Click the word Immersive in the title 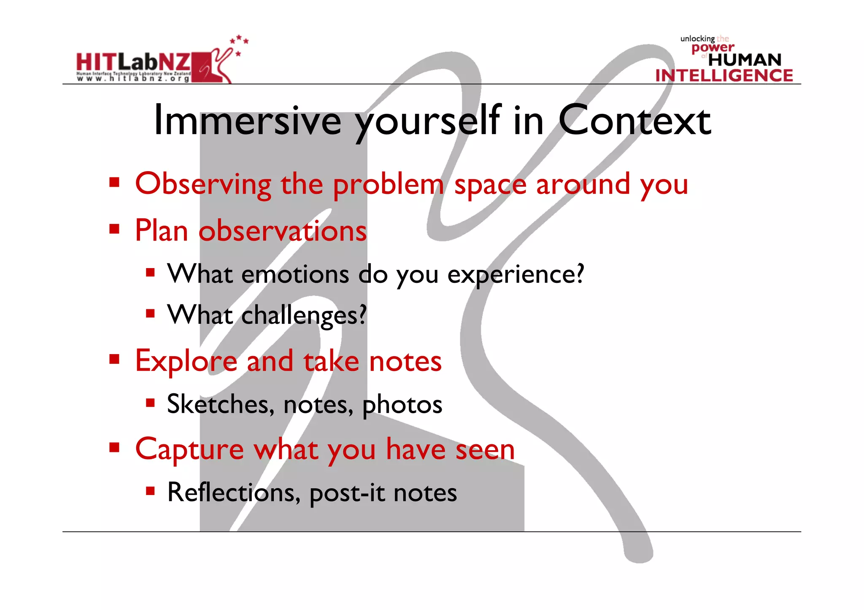tap(248, 121)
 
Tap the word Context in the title tap(634, 121)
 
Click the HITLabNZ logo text tap(133, 62)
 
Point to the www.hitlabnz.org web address tap(133, 78)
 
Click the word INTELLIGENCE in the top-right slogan tap(724, 75)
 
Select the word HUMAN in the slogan tap(745, 60)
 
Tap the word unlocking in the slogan tap(697, 39)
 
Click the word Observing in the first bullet tap(203, 184)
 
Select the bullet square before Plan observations tap(114, 229)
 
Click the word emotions tap(295, 274)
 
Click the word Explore tap(186, 361)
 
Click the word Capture tap(189, 450)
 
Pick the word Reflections tap(233, 492)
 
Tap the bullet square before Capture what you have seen tap(114, 447)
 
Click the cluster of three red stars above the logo tap(239, 40)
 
